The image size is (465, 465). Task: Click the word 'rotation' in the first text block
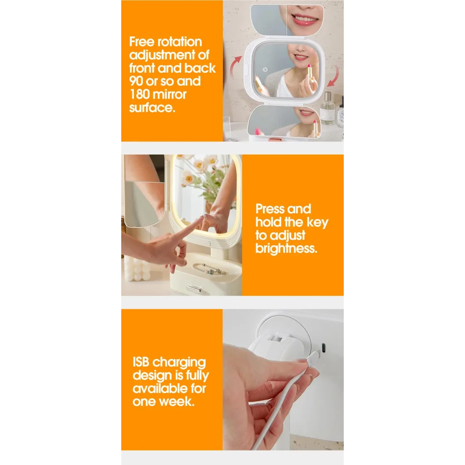[x=179, y=42]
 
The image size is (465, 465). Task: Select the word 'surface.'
[x=152, y=108]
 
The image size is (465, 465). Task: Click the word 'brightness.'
[x=286, y=248]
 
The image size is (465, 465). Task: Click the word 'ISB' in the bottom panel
[x=142, y=362]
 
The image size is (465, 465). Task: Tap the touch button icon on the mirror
[x=265, y=70]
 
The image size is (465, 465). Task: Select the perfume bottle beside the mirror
[x=327, y=109]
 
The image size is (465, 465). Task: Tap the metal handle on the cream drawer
[x=194, y=289]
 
